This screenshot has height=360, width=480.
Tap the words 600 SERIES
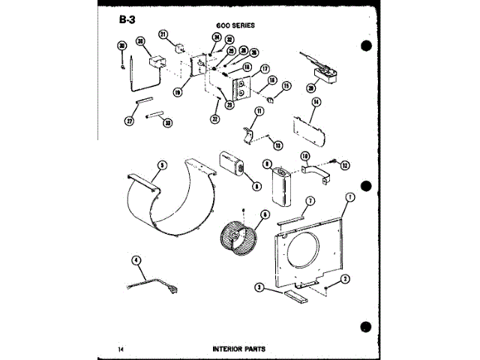pyautogui.click(x=234, y=24)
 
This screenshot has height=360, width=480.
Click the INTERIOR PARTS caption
pyautogui.click(x=238, y=349)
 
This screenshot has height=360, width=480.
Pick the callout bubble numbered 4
pyautogui.click(x=136, y=260)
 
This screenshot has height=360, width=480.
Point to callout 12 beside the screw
pyautogui.click(x=346, y=164)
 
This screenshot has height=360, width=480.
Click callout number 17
pyautogui.click(x=264, y=69)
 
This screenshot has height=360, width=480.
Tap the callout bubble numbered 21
pyautogui.click(x=162, y=34)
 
